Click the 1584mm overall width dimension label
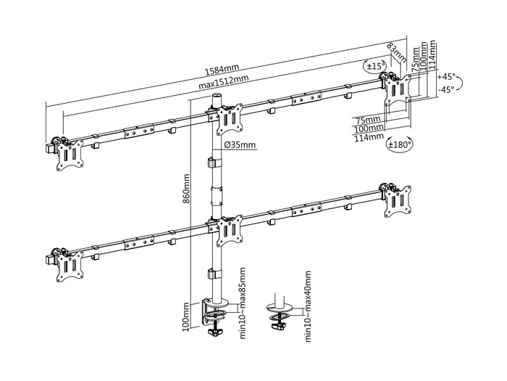pos(221,70)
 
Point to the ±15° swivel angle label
pos(375,67)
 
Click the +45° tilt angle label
pos(448,76)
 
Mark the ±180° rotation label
pos(400,144)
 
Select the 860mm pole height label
pos(187,188)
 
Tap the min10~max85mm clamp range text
pos(242,303)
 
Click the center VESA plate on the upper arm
pos(231,118)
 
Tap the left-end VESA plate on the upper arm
pos(71,155)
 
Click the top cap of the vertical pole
pos(216,97)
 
